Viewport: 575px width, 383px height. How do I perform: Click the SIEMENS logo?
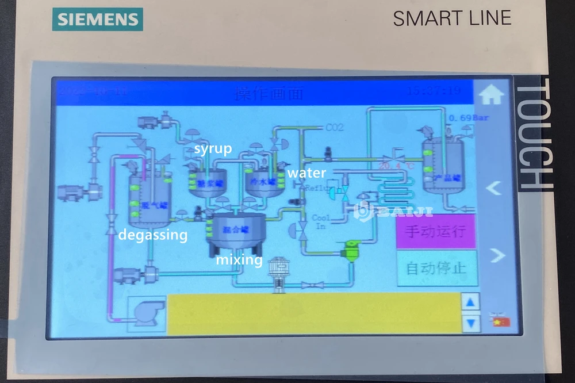tap(98, 19)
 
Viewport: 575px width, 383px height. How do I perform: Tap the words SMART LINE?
tap(452, 18)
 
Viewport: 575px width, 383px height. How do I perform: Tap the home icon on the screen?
tap(492, 95)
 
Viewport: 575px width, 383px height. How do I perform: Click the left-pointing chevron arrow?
tap(494, 187)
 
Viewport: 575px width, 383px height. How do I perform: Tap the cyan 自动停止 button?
tap(436, 268)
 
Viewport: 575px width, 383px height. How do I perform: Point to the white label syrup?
tap(213, 149)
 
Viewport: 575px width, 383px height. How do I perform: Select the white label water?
tap(306, 173)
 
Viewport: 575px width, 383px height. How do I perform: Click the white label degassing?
tap(152, 235)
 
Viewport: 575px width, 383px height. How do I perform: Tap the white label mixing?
tap(239, 260)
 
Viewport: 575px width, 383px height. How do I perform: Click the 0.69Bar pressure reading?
tap(468, 118)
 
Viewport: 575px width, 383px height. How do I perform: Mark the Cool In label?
tap(321, 222)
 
